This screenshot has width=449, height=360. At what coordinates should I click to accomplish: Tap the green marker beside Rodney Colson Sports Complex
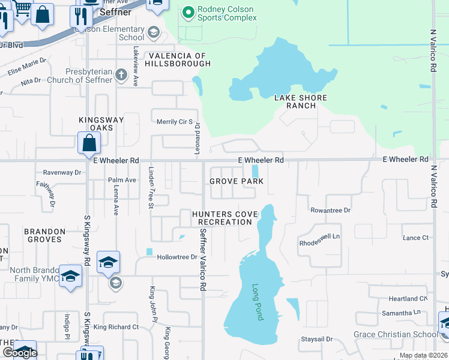188,11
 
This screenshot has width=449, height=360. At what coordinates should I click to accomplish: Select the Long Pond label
258,302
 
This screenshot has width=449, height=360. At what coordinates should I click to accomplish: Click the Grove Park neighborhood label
237,181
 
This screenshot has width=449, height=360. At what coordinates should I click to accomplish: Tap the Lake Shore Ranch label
301,102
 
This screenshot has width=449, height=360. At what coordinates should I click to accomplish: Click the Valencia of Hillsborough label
175,59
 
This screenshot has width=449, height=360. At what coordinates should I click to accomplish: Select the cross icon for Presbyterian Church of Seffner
121,75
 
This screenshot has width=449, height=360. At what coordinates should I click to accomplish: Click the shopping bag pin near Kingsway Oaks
89,143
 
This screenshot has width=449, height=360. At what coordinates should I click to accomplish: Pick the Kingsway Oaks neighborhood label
101,124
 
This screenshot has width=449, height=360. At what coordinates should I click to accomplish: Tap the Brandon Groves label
44,235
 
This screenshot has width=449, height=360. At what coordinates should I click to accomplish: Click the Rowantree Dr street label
330,211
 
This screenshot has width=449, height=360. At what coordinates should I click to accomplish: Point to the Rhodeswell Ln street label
319,236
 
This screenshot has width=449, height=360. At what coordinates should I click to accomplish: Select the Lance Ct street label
416,238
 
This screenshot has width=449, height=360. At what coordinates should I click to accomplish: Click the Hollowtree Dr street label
177,257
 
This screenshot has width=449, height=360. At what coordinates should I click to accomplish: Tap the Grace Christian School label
395,335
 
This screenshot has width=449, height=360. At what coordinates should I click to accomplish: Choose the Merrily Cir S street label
174,122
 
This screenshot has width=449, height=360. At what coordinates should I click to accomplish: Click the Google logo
20,353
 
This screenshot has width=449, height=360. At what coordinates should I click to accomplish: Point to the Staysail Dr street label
316,340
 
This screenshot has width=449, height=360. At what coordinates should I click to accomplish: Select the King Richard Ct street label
116,328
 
